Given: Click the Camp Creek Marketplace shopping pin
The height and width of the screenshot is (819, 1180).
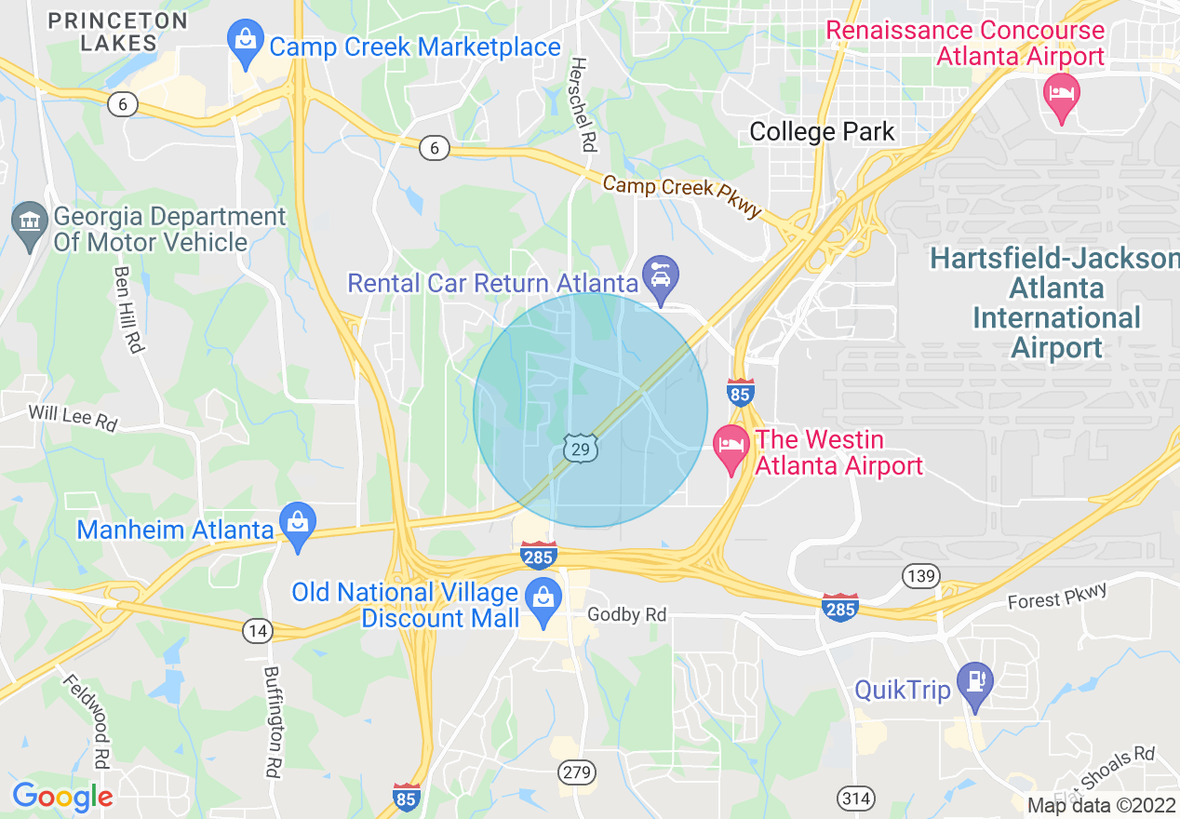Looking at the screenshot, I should (x=246, y=44).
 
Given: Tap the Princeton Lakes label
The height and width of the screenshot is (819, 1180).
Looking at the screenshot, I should (x=117, y=31).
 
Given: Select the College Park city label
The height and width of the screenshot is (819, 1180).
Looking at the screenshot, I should (x=822, y=132).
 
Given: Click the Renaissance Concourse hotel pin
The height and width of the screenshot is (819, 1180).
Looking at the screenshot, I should (x=1062, y=95).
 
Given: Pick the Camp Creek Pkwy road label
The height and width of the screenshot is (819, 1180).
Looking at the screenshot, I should (x=682, y=195).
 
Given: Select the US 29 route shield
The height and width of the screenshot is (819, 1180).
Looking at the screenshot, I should (x=580, y=450).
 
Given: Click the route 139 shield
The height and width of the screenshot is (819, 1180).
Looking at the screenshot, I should (x=919, y=577).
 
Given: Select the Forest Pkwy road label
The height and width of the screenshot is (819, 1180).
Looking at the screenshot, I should (x=1057, y=597).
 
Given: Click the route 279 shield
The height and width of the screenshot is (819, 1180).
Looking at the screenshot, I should (x=576, y=772).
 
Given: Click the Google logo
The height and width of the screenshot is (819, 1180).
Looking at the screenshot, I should (x=62, y=797).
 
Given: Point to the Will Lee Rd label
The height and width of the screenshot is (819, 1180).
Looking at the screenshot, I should (x=73, y=417).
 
